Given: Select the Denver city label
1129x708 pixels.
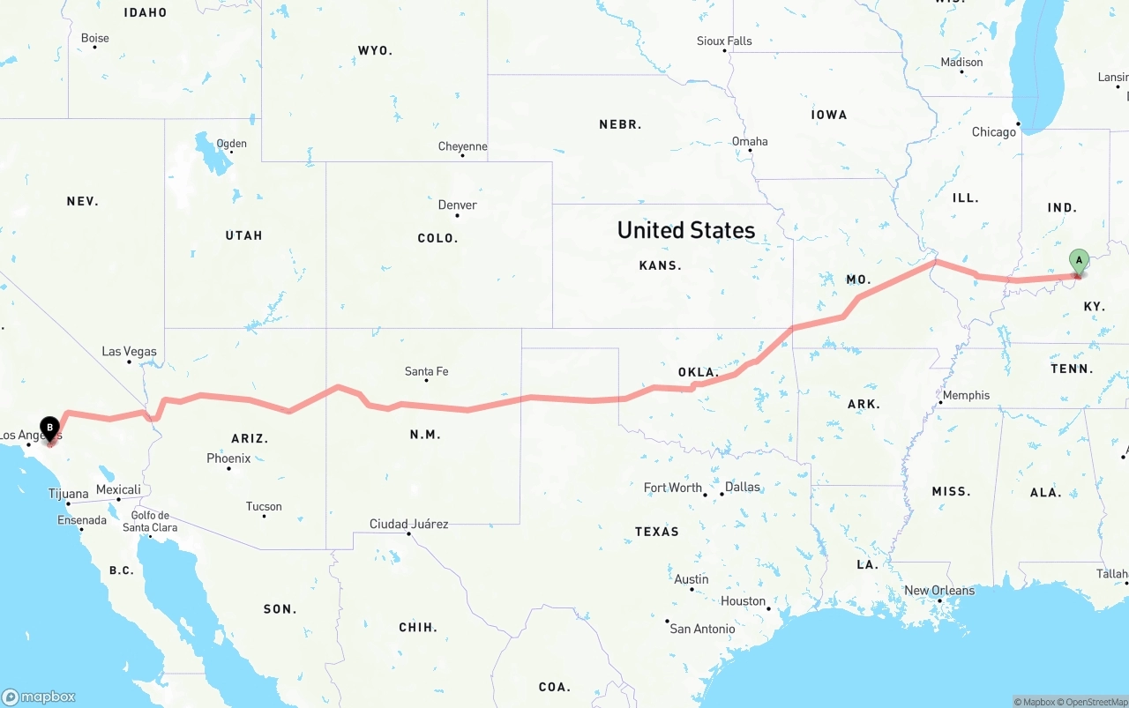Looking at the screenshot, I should pos(457,205).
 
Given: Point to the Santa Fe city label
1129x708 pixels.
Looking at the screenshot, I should pos(426,371).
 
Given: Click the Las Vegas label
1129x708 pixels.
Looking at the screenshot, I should pos(129,351).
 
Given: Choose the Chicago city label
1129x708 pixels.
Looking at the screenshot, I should pos(994,132).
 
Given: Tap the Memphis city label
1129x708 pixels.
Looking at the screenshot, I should pos(966,395).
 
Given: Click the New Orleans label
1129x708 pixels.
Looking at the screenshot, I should pos(939,591).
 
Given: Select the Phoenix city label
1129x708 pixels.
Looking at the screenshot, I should pos(228,458).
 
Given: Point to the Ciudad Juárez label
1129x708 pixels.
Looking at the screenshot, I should pos(408,524).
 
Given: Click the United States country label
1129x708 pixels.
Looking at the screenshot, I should pos(686,230).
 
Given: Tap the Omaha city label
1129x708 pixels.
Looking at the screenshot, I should pos(750,141).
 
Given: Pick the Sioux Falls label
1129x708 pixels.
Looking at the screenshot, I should pos(724,41).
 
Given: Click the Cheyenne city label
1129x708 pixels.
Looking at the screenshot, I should pos(463,146).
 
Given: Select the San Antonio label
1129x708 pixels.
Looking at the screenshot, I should pos(702,629).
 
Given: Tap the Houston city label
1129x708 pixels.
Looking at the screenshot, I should pos(743,601).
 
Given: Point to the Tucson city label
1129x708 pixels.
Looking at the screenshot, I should pos(264,506).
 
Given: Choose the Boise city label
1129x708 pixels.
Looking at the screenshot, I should pos(95,38).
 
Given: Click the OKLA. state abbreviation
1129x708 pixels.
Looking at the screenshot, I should pos(699,372).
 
